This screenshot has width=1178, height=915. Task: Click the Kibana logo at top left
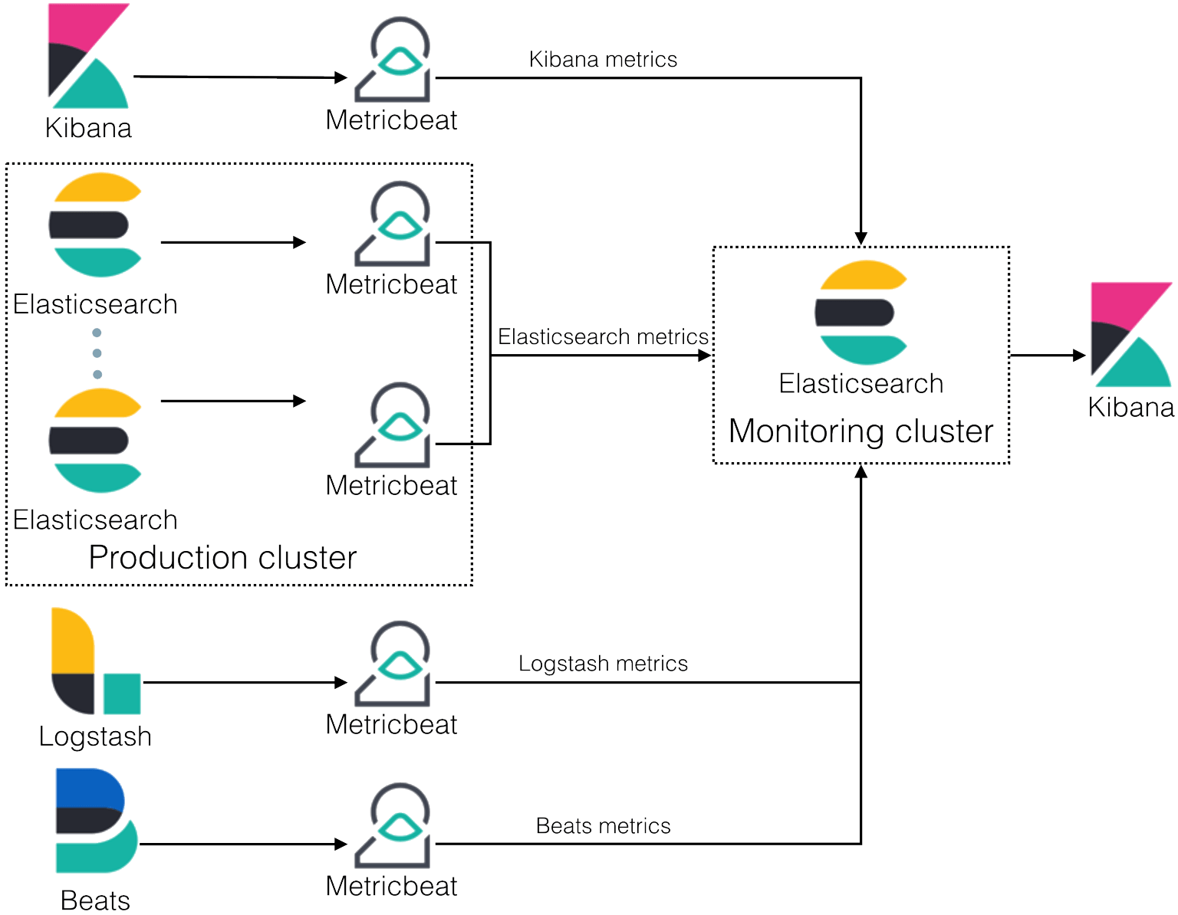coord(88,55)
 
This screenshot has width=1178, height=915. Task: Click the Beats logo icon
coord(95,821)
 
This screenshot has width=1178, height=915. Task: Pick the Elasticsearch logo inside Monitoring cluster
coord(861,313)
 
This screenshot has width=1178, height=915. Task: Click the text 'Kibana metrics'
coord(603,59)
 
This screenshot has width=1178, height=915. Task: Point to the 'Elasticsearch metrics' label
coord(603,336)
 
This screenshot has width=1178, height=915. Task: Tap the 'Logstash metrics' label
coord(603,663)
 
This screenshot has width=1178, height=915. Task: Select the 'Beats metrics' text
coord(603,825)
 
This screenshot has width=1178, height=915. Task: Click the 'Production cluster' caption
coord(222,557)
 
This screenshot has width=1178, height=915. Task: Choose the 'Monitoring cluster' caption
coord(860,431)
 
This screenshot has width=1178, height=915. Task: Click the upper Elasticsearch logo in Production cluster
coord(95,225)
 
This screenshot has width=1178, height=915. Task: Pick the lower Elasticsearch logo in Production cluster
coord(95,441)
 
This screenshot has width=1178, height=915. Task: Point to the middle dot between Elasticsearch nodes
coord(97,353)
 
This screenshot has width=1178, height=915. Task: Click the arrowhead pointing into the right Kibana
coord(1080,356)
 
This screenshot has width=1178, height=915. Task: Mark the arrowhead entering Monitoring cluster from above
coord(861,238)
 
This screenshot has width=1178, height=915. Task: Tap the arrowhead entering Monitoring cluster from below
coord(861,472)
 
